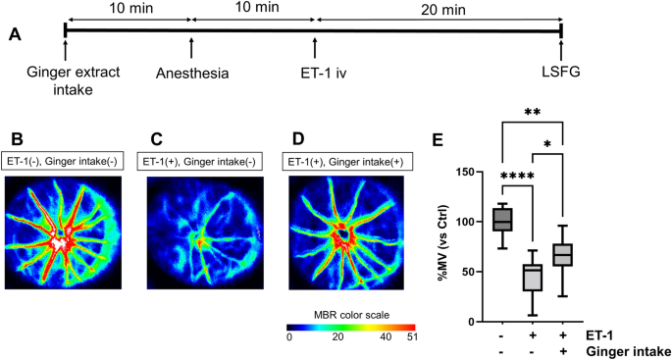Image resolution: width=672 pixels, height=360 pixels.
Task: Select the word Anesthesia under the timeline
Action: (192, 74)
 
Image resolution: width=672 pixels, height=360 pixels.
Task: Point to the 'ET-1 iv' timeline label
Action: (315, 74)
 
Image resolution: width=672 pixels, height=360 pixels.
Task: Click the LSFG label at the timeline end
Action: (559, 74)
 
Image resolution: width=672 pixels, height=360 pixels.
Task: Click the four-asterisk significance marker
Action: (518, 177)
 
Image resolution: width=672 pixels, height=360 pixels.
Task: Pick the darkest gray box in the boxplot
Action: (502, 218)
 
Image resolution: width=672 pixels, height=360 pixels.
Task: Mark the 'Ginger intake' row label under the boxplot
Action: (628, 350)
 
